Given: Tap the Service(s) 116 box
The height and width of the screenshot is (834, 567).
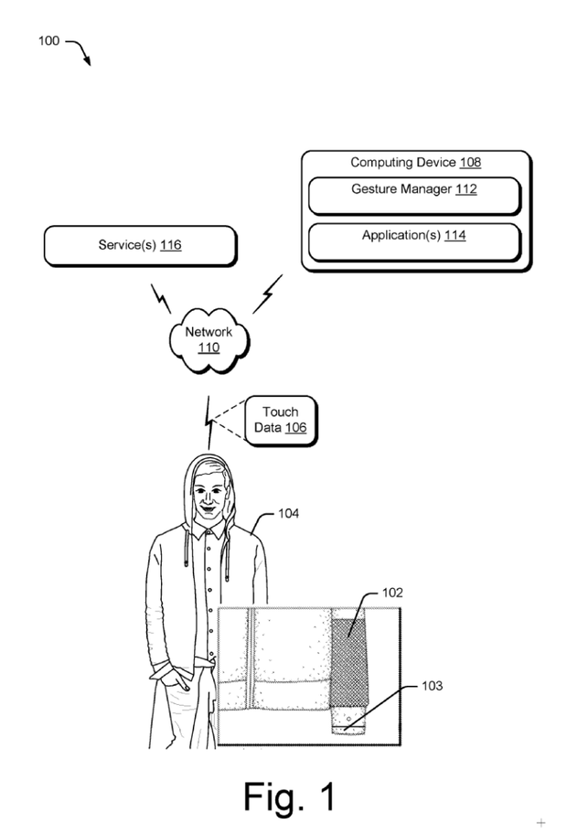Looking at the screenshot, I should point(139,245).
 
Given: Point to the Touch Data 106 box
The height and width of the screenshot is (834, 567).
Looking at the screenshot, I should point(280,420).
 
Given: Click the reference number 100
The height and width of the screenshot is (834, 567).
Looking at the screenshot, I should point(48,41).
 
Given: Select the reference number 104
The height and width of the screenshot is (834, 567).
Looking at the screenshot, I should point(288,514).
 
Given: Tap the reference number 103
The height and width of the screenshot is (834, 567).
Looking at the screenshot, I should point(432,686).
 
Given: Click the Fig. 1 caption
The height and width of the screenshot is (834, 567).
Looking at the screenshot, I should point(289,797).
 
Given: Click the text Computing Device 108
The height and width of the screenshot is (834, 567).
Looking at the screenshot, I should point(415,163).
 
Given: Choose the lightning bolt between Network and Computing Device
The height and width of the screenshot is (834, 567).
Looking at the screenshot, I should point(267,292).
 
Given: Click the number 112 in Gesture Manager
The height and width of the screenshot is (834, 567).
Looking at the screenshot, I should point(465,189).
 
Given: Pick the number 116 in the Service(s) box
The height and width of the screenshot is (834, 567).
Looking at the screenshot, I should point(170,245).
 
